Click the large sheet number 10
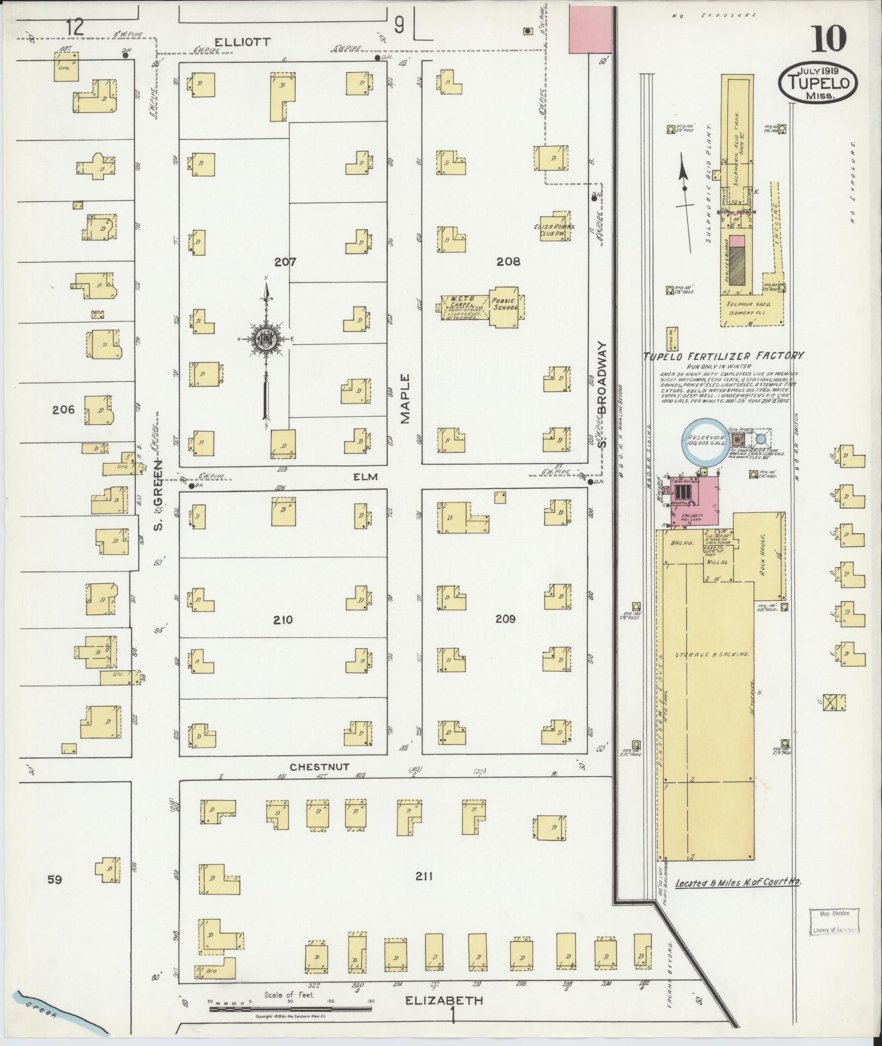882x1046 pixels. coord(829,39)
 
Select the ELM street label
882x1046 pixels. coord(365,477)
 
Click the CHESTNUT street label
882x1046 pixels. coord(319,768)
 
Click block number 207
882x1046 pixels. coord(285,262)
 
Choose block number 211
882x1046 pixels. coord(424,877)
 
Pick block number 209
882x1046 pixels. coord(505,619)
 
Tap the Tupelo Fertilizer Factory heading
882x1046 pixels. coord(723,356)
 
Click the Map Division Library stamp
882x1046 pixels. coord(832,921)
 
